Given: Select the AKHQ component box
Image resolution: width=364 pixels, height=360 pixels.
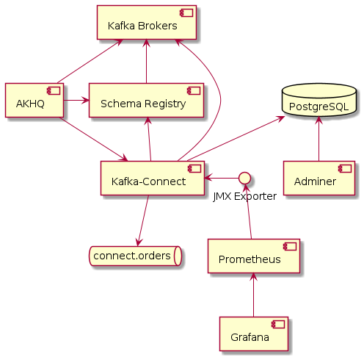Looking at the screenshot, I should coord(34,101).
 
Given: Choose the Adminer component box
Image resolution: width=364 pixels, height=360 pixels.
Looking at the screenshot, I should coord(318,178).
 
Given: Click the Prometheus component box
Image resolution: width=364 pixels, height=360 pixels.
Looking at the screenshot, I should coord(254,256).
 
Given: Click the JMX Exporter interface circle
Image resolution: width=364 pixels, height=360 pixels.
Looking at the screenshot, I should coord(245,177).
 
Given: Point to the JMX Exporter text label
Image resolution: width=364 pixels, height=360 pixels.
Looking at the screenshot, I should coord(245,196).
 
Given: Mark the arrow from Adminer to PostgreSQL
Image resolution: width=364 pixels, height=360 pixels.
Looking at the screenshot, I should coord(318,140).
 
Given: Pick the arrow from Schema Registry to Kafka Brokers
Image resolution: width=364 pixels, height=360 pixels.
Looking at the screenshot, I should coord(147,62).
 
